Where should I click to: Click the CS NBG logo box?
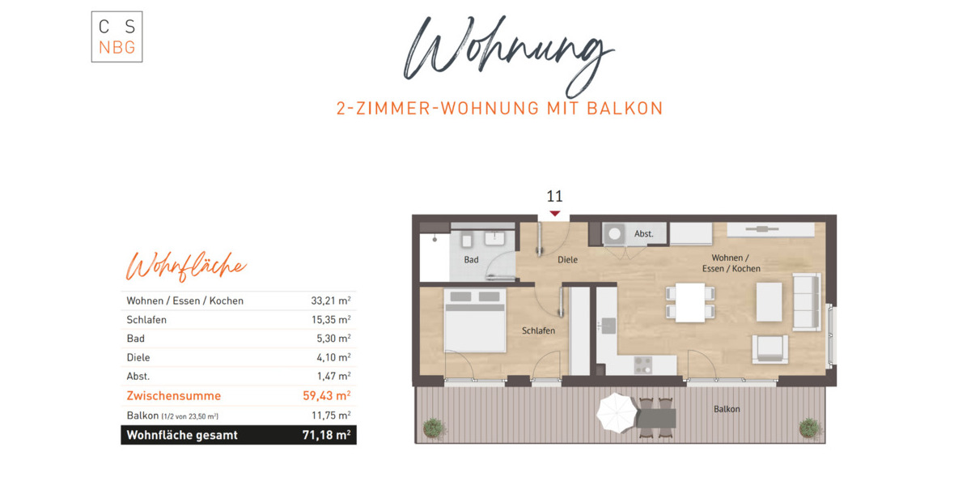coord(117,37)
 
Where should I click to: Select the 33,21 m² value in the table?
coord(330,301)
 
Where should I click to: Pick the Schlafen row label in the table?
coord(146,320)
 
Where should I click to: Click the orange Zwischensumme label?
coord(173,396)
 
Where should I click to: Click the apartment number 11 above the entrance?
coord(554,196)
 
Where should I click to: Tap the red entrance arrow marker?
coord(554,213)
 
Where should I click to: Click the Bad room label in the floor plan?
coord(471,260)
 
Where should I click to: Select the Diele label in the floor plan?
coord(567,260)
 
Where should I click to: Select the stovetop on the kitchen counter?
coord(643,365)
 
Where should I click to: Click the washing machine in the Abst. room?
coord(615,234)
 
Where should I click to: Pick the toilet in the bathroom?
coord(467,240)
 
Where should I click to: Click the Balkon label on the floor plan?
coord(726,409)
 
